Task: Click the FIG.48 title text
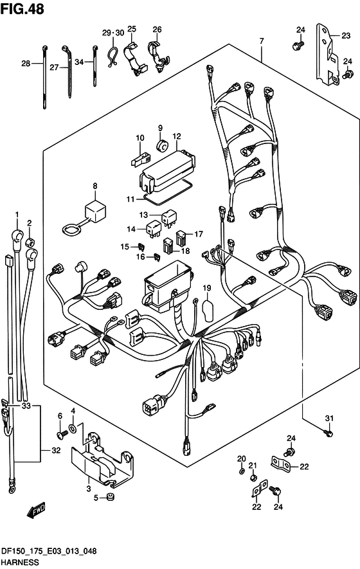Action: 22,9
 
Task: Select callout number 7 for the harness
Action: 261,41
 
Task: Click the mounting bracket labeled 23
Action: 327,55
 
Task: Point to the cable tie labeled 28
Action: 44,77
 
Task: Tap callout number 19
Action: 206,288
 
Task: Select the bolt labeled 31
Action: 328,433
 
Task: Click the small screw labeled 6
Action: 62,433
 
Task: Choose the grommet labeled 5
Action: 109,497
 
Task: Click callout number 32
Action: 55,450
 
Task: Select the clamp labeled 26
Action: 158,57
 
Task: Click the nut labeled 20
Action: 242,471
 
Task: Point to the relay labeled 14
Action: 153,228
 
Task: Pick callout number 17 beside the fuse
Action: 199,234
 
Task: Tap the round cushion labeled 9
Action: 162,146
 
